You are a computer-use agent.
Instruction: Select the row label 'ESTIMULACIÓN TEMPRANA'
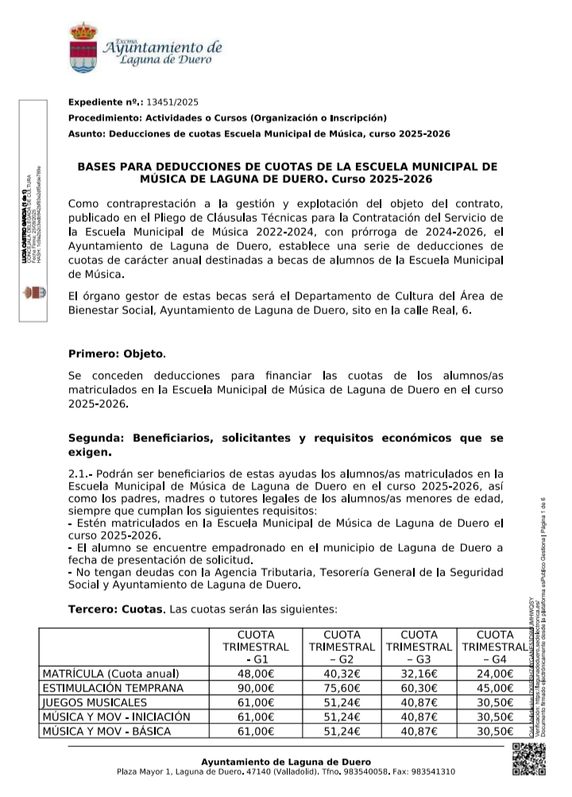tap(113, 687)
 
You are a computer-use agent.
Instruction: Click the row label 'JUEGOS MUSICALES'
tap(95, 702)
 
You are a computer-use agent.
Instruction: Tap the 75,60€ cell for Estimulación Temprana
tap(342, 687)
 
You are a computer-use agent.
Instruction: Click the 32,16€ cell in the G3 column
tap(419, 673)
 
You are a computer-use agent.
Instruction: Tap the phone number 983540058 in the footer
tap(364, 772)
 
